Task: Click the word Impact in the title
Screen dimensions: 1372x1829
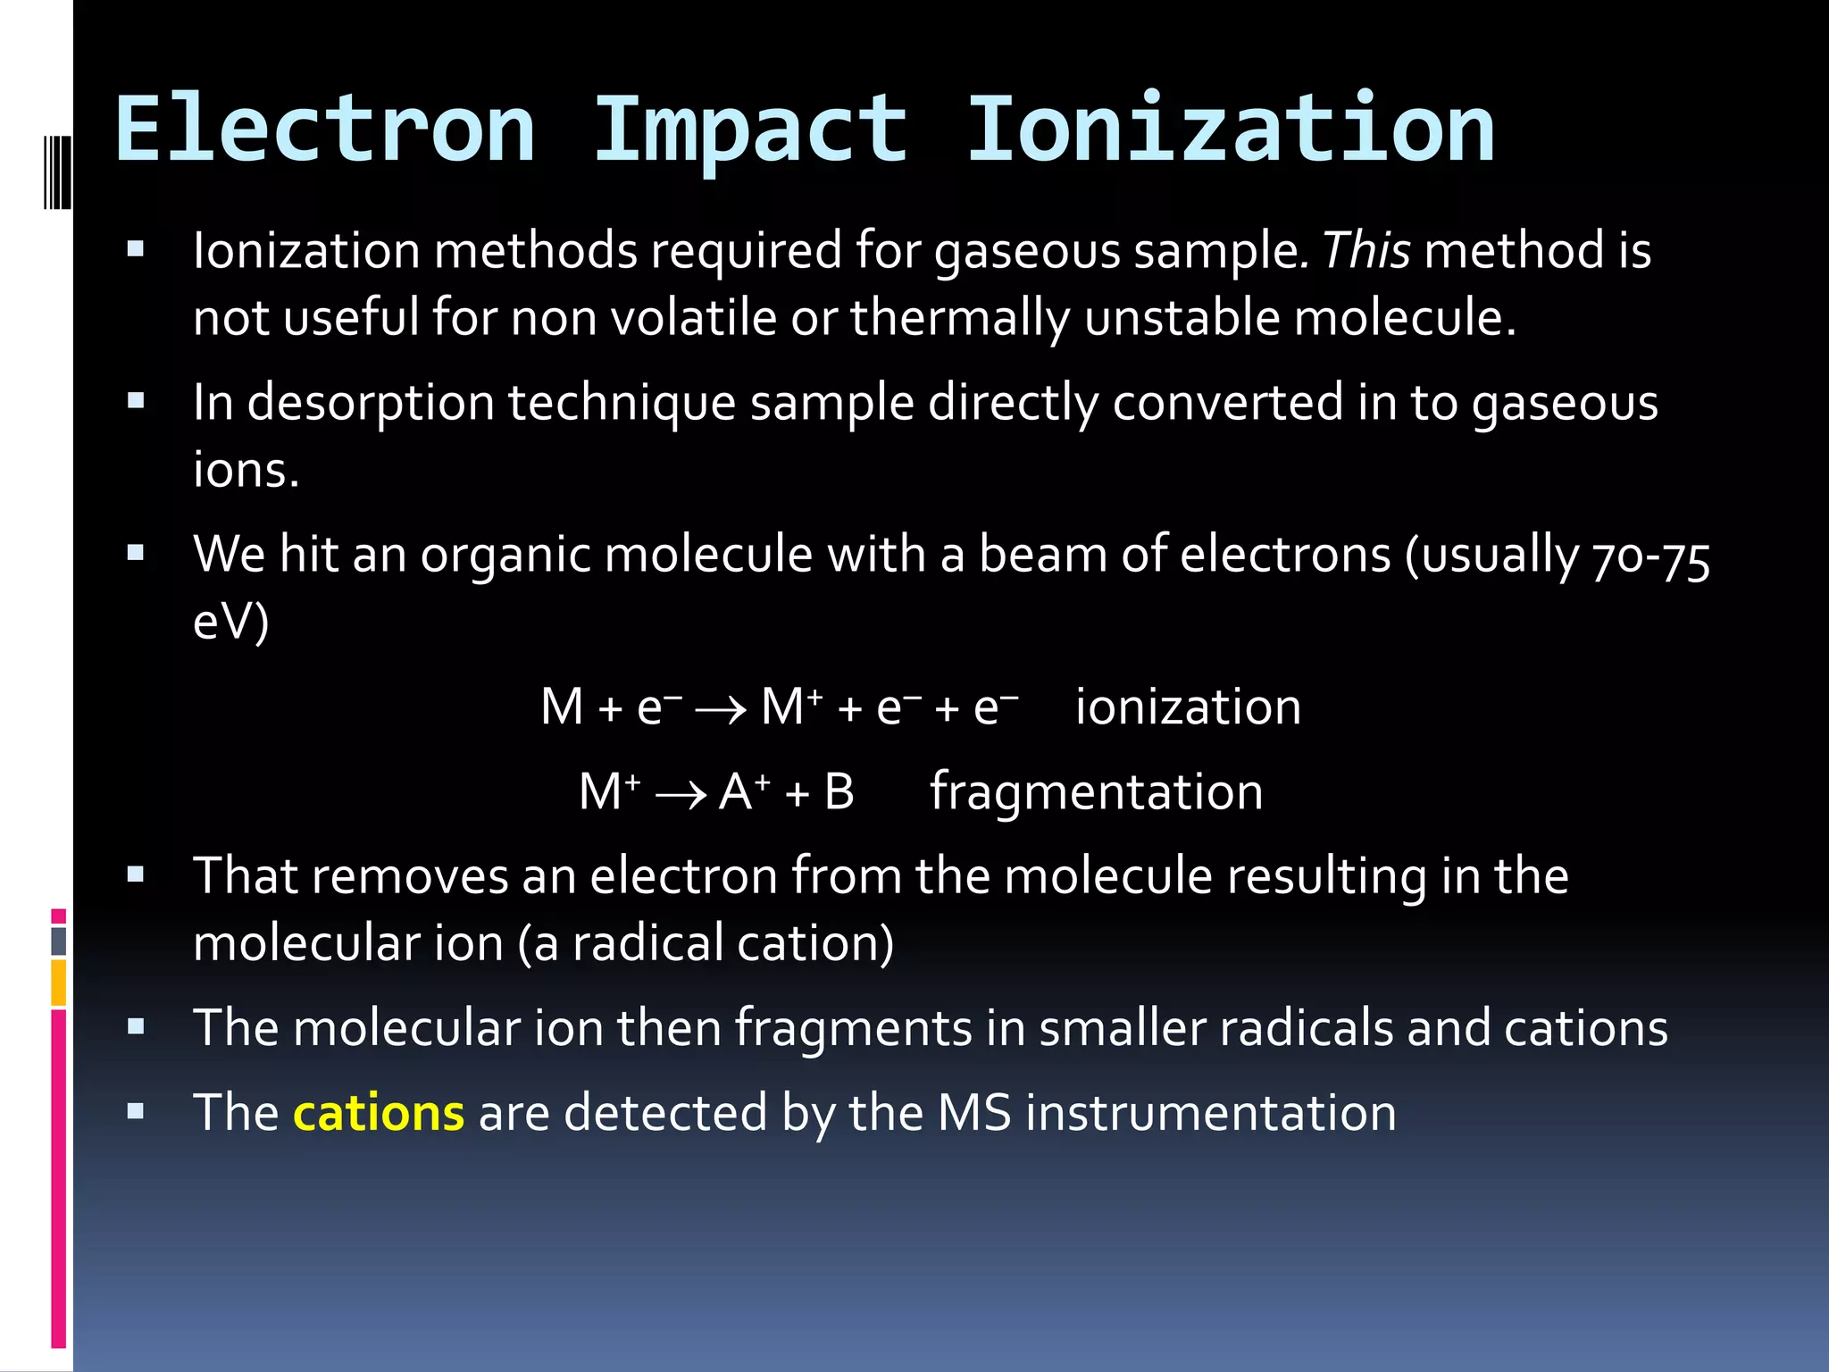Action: pyautogui.click(x=750, y=131)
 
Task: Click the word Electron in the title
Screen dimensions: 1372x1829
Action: pyautogui.click(x=325, y=131)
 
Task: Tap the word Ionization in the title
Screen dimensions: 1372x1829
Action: pyautogui.click(x=1231, y=131)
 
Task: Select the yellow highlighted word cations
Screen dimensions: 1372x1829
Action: pyautogui.click(x=379, y=1113)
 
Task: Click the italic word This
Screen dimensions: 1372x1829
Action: pyautogui.click(x=1366, y=250)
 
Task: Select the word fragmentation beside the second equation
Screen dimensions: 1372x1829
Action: pyautogui.click(x=1097, y=792)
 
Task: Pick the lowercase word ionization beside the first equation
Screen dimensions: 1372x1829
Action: pyautogui.click(x=1188, y=707)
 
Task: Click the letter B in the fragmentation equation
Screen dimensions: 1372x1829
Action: pyautogui.click(x=839, y=792)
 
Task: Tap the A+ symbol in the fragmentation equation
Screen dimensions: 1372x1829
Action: pyautogui.click(x=743, y=791)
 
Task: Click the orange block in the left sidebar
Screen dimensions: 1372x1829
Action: pyautogui.click(x=59, y=982)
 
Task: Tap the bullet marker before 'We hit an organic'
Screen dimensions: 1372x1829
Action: pyautogui.click(x=136, y=554)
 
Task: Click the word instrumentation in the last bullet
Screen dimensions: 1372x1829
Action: pyautogui.click(x=1211, y=1113)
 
